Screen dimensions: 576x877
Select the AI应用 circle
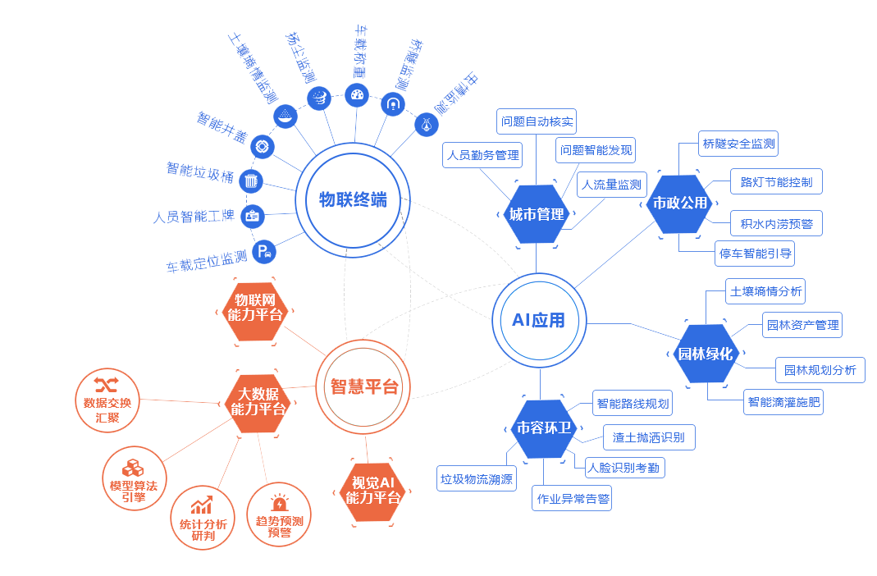[539, 320]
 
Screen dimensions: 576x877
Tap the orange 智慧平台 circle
[363, 386]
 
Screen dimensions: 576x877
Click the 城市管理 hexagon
[537, 214]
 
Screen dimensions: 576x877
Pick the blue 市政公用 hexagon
[679, 203]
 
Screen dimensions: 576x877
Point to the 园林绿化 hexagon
[705, 354]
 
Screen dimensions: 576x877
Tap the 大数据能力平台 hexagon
[258, 402]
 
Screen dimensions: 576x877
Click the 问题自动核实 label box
[537, 122]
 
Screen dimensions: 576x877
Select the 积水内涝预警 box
[776, 223]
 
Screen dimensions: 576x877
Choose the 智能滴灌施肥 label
[783, 403]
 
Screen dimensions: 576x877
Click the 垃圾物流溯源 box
[477, 479]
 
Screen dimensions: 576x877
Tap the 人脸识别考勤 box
[624, 468]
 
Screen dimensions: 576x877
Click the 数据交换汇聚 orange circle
[107, 401]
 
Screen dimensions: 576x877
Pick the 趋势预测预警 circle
[279, 515]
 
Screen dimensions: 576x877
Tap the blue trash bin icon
[251, 180]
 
